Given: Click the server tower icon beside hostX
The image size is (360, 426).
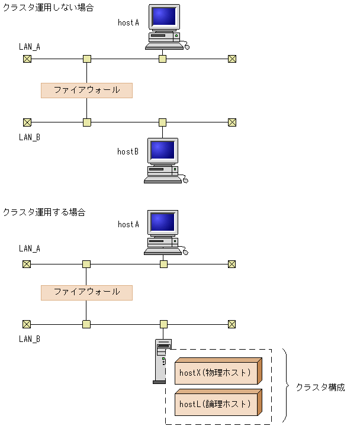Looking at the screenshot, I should click(162, 361).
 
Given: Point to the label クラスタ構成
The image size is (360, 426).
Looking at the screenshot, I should click(320, 388).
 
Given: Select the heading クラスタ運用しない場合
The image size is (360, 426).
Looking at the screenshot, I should click(48, 8).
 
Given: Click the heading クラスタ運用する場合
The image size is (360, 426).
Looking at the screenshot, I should click(44, 211).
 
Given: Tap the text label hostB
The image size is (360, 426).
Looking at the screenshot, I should click(128, 152).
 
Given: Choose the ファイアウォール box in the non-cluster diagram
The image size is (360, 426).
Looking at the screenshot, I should click(86, 90).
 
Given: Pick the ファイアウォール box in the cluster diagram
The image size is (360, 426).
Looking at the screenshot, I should click(86, 292).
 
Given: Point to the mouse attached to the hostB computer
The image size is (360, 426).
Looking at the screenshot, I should click(185, 180).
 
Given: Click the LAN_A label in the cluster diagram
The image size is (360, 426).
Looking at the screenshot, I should click(30, 249).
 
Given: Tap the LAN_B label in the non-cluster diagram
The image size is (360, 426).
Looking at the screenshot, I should click(30, 137).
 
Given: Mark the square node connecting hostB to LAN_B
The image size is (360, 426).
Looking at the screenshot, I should click(163, 122).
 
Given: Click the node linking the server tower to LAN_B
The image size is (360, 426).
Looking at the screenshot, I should click(163, 324).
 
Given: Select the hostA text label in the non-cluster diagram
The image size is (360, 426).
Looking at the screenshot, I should click(128, 22).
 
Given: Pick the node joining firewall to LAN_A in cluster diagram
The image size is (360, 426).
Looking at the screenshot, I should click(86, 264).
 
